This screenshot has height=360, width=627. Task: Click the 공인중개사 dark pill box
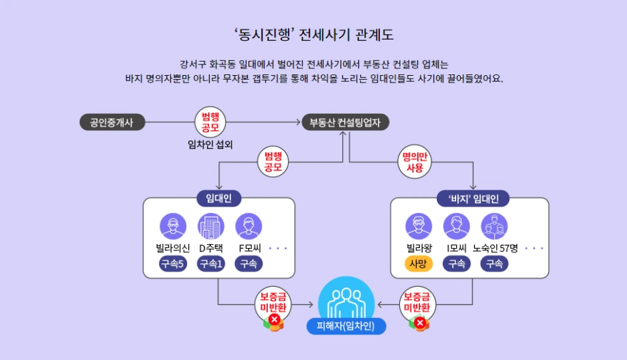pos(112,123)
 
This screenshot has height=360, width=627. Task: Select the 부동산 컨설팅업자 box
pos(345,123)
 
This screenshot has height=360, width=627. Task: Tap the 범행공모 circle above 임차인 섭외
pos(210,122)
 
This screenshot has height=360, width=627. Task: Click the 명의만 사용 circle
pos(415,162)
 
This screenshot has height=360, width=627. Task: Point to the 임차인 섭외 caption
pos(210,144)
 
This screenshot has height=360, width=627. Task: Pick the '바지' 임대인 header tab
pos(473,199)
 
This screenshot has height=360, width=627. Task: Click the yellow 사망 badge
pos(418,264)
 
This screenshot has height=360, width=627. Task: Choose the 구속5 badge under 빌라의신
pos(173,264)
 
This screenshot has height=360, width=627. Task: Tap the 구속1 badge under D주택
pos(211,264)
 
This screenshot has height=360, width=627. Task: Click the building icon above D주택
pos(211,227)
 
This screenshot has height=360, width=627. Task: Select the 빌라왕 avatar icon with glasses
pos(419,227)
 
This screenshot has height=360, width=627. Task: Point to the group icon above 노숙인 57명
pos(494,227)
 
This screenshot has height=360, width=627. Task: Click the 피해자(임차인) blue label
pos(346,326)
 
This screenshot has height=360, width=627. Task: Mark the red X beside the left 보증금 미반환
pos(275,319)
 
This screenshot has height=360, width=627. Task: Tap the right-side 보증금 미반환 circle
pos(417,304)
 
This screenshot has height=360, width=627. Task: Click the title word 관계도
pos(374,35)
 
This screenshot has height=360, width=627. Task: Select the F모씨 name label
pos(250,249)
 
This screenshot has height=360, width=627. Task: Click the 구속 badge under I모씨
pos(457,264)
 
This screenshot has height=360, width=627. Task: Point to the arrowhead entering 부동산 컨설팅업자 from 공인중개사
pos(298,122)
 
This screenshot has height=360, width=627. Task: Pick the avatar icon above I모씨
pos(456,227)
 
